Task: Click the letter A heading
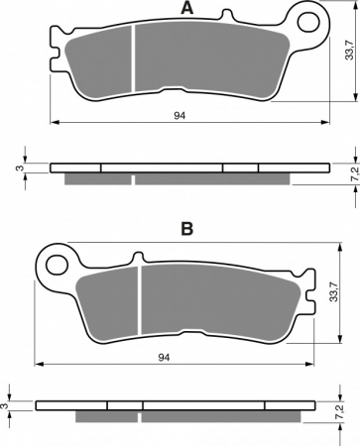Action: (187, 8)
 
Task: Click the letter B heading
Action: (187, 228)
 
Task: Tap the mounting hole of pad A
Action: (308, 22)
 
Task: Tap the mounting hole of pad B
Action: (57, 265)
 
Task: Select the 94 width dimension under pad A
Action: (180, 115)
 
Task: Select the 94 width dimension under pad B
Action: (164, 357)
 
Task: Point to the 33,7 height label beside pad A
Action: (349, 52)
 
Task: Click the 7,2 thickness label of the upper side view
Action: (355, 174)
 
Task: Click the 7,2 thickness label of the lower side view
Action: (340, 412)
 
